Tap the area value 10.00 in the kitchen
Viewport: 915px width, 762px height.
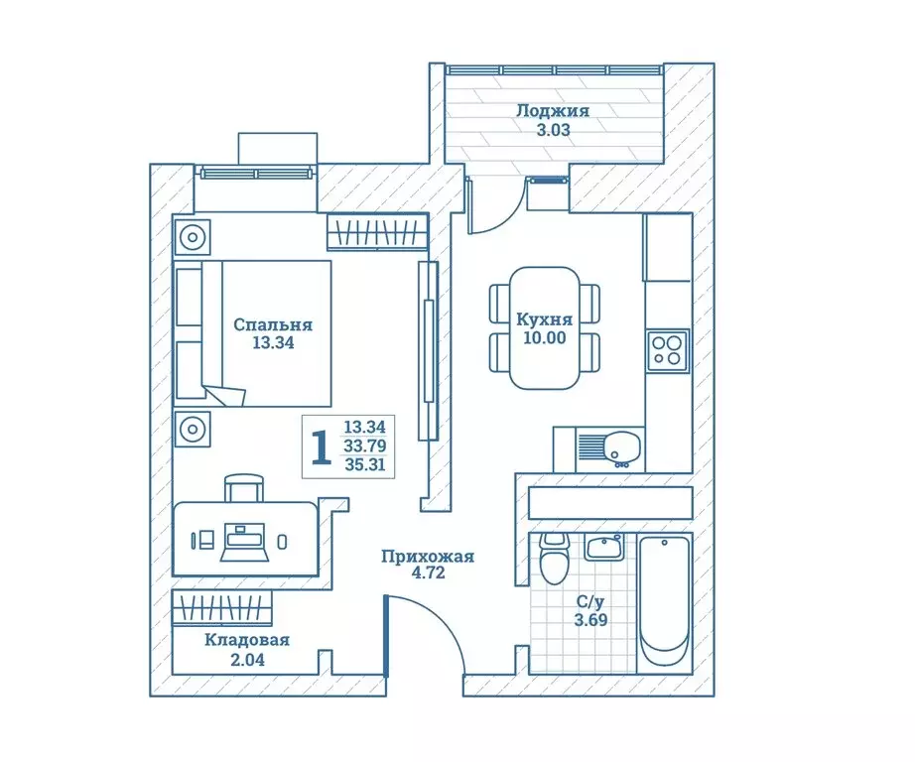(x=544, y=337)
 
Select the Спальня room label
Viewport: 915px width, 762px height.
(x=273, y=324)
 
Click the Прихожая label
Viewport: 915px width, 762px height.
(x=427, y=557)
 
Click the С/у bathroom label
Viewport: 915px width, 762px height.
(x=591, y=601)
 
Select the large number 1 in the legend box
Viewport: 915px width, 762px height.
(x=321, y=448)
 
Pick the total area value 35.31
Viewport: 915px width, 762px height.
(x=364, y=464)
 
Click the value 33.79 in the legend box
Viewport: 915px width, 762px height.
(x=364, y=445)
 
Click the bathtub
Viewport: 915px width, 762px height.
(x=665, y=602)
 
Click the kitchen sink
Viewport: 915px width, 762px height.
(x=622, y=448)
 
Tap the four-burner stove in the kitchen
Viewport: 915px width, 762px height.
(x=667, y=350)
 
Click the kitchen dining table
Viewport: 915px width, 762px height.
(x=544, y=327)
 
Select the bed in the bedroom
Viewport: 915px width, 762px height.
(x=253, y=331)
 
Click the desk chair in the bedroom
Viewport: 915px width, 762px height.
(x=245, y=489)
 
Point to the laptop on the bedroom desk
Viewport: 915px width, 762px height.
(x=243, y=542)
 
